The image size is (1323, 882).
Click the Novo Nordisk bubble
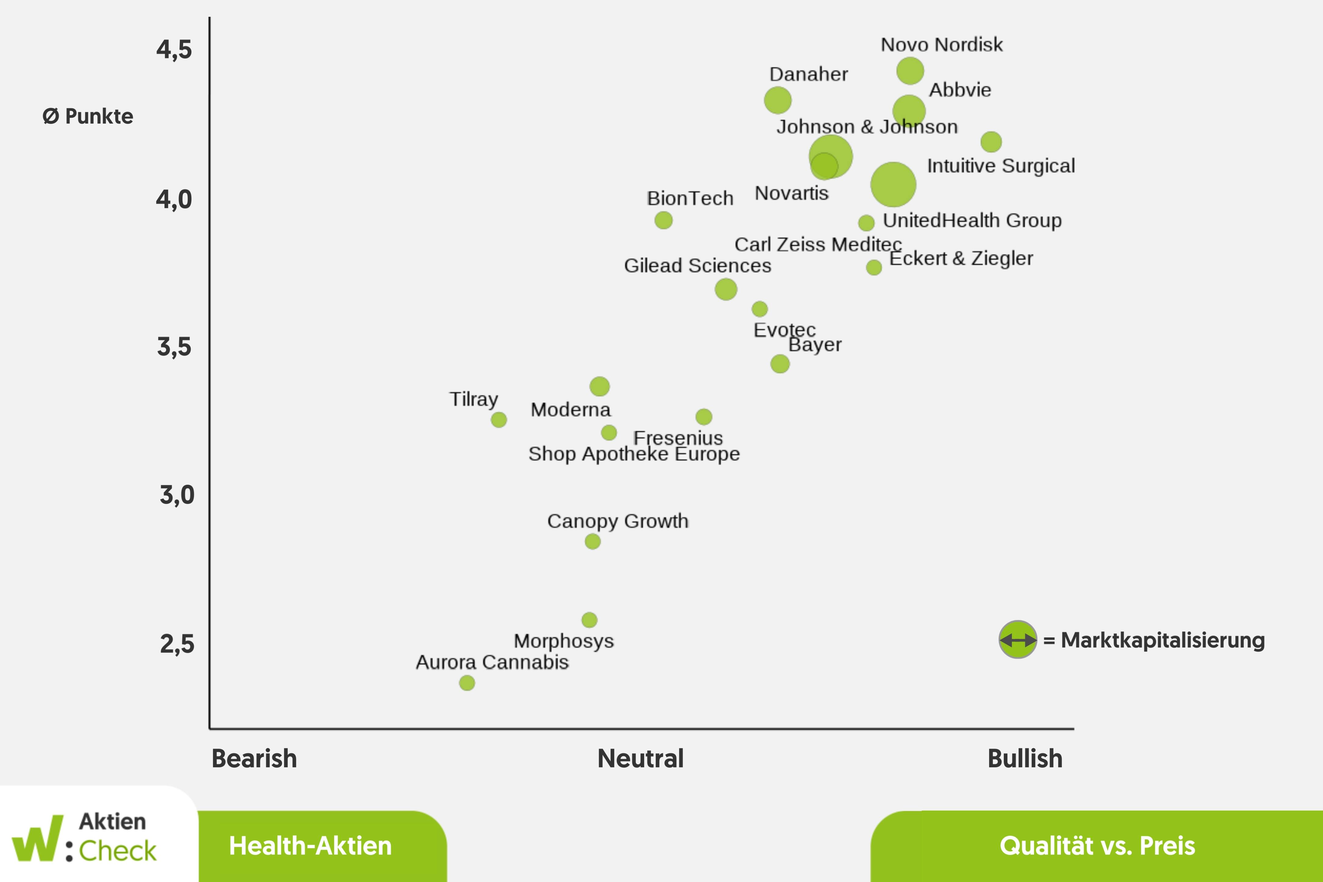909,71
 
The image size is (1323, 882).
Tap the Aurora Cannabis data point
467,683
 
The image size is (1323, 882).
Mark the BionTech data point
663,220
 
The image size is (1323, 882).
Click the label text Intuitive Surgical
1001,166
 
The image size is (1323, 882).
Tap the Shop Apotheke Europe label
634,454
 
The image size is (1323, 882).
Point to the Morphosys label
564,641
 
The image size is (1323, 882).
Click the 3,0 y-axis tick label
177,495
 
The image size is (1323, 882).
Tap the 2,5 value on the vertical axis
177,644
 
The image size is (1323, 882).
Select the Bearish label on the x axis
254,758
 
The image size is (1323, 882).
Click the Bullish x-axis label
1025,758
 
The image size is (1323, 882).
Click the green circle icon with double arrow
1018,640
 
